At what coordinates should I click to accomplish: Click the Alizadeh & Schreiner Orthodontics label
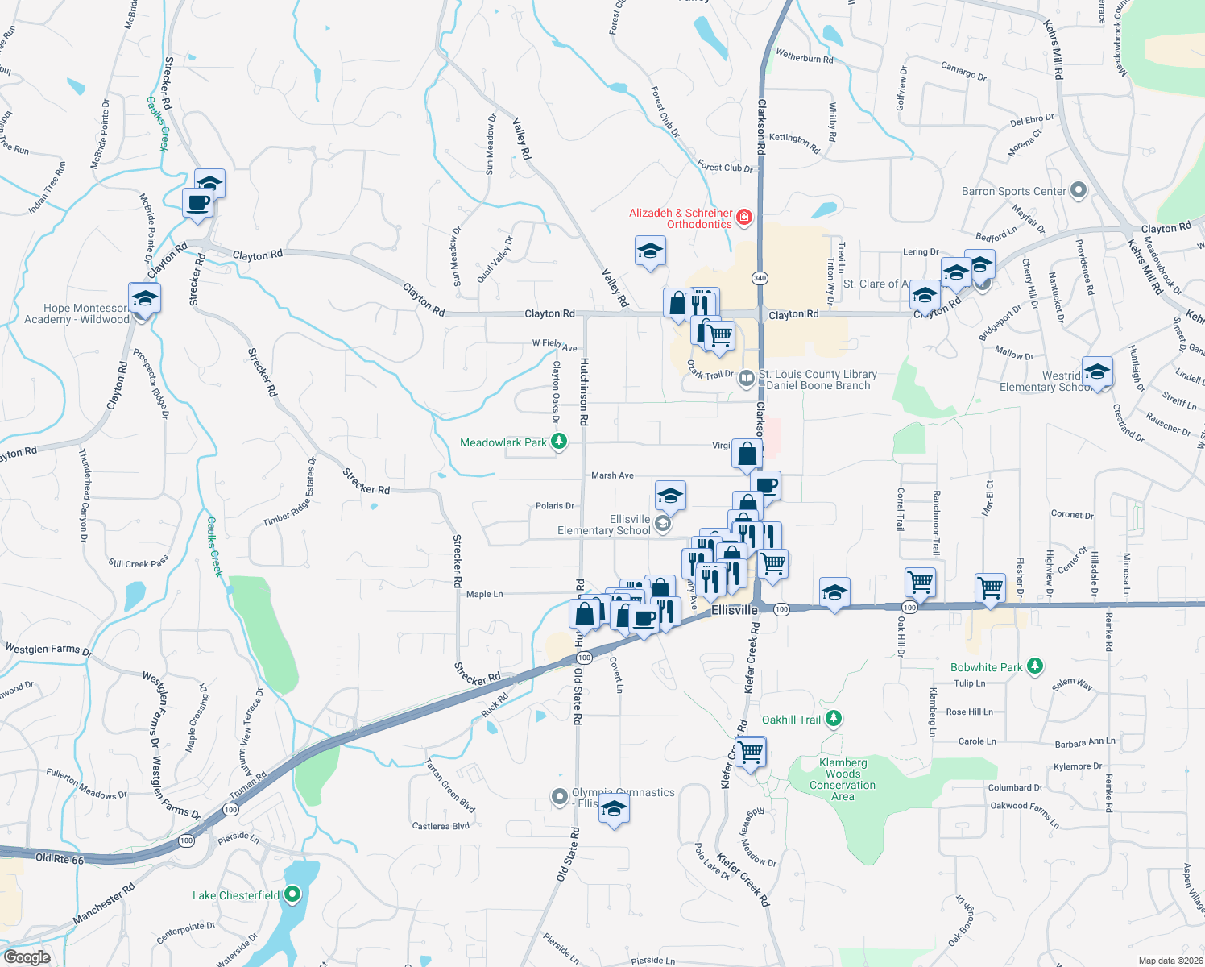(x=681, y=218)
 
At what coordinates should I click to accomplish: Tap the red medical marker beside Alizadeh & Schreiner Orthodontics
(x=744, y=216)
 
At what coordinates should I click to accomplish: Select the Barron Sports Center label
(x=1013, y=191)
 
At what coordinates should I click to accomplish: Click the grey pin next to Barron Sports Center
(x=1079, y=191)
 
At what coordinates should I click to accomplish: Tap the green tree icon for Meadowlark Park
(x=558, y=442)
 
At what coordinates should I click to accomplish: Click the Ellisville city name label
(x=735, y=610)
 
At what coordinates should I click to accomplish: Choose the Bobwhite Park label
(x=986, y=667)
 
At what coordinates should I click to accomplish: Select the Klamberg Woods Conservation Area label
(x=843, y=779)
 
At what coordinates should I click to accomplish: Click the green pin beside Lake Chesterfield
(x=292, y=894)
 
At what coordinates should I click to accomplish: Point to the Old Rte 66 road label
(x=60, y=858)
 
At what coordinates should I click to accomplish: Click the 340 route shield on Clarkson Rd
(x=760, y=278)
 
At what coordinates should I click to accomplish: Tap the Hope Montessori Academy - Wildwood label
(x=77, y=313)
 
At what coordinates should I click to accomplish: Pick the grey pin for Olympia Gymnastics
(x=560, y=797)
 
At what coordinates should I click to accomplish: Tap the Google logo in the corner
(x=27, y=957)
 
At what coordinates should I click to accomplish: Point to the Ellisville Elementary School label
(x=604, y=525)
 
